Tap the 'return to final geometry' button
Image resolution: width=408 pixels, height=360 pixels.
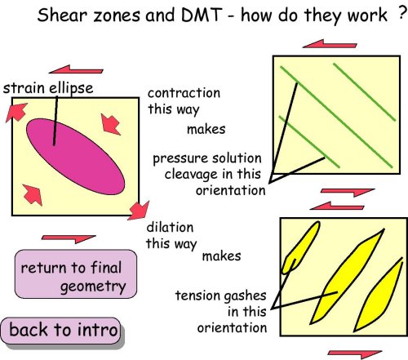coord(76,274)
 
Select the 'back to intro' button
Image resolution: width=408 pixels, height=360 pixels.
coord(60,331)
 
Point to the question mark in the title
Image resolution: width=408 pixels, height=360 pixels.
coord(402,13)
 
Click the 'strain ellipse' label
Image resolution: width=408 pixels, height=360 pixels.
coord(48,88)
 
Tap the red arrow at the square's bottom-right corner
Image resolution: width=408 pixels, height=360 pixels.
coord(139,211)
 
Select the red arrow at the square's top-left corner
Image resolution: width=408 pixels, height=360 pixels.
coord(16,112)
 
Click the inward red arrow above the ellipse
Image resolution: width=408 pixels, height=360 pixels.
coord(110,124)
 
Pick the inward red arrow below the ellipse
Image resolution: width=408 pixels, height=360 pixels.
coord(33,194)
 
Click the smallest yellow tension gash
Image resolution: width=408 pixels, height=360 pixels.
coord(300,247)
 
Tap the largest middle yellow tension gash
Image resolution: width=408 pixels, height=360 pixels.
coord(347,276)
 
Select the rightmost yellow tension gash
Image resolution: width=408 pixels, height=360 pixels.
coord(379,295)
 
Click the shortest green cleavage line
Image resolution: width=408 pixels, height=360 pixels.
coord(309,142)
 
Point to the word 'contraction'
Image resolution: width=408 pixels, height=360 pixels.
coord(184,93)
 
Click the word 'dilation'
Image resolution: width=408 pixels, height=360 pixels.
coord(170,228)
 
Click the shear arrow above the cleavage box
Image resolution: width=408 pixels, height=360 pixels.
coord(330,44)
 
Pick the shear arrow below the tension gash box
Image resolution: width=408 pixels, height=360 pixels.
coord(355,354)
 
